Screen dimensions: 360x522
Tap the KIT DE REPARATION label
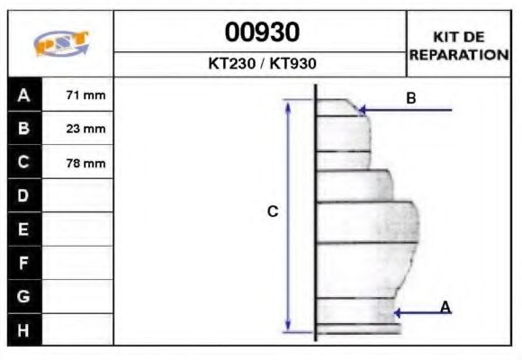point(459,45)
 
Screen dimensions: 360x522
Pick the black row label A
point(24,94)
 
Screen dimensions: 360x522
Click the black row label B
point(24,129)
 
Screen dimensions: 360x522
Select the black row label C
point(24,163)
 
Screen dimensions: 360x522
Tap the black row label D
point(24,196)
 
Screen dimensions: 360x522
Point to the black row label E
point(24,229)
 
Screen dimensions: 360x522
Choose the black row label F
point(24,263)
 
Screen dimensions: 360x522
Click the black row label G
point(24,296)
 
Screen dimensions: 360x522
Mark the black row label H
point(24,330)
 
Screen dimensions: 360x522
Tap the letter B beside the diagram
point(410,98)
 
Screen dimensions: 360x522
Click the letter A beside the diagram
point(445,308)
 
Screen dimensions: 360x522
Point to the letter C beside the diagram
point(273,212)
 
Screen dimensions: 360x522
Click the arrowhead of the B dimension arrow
point(363,110)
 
